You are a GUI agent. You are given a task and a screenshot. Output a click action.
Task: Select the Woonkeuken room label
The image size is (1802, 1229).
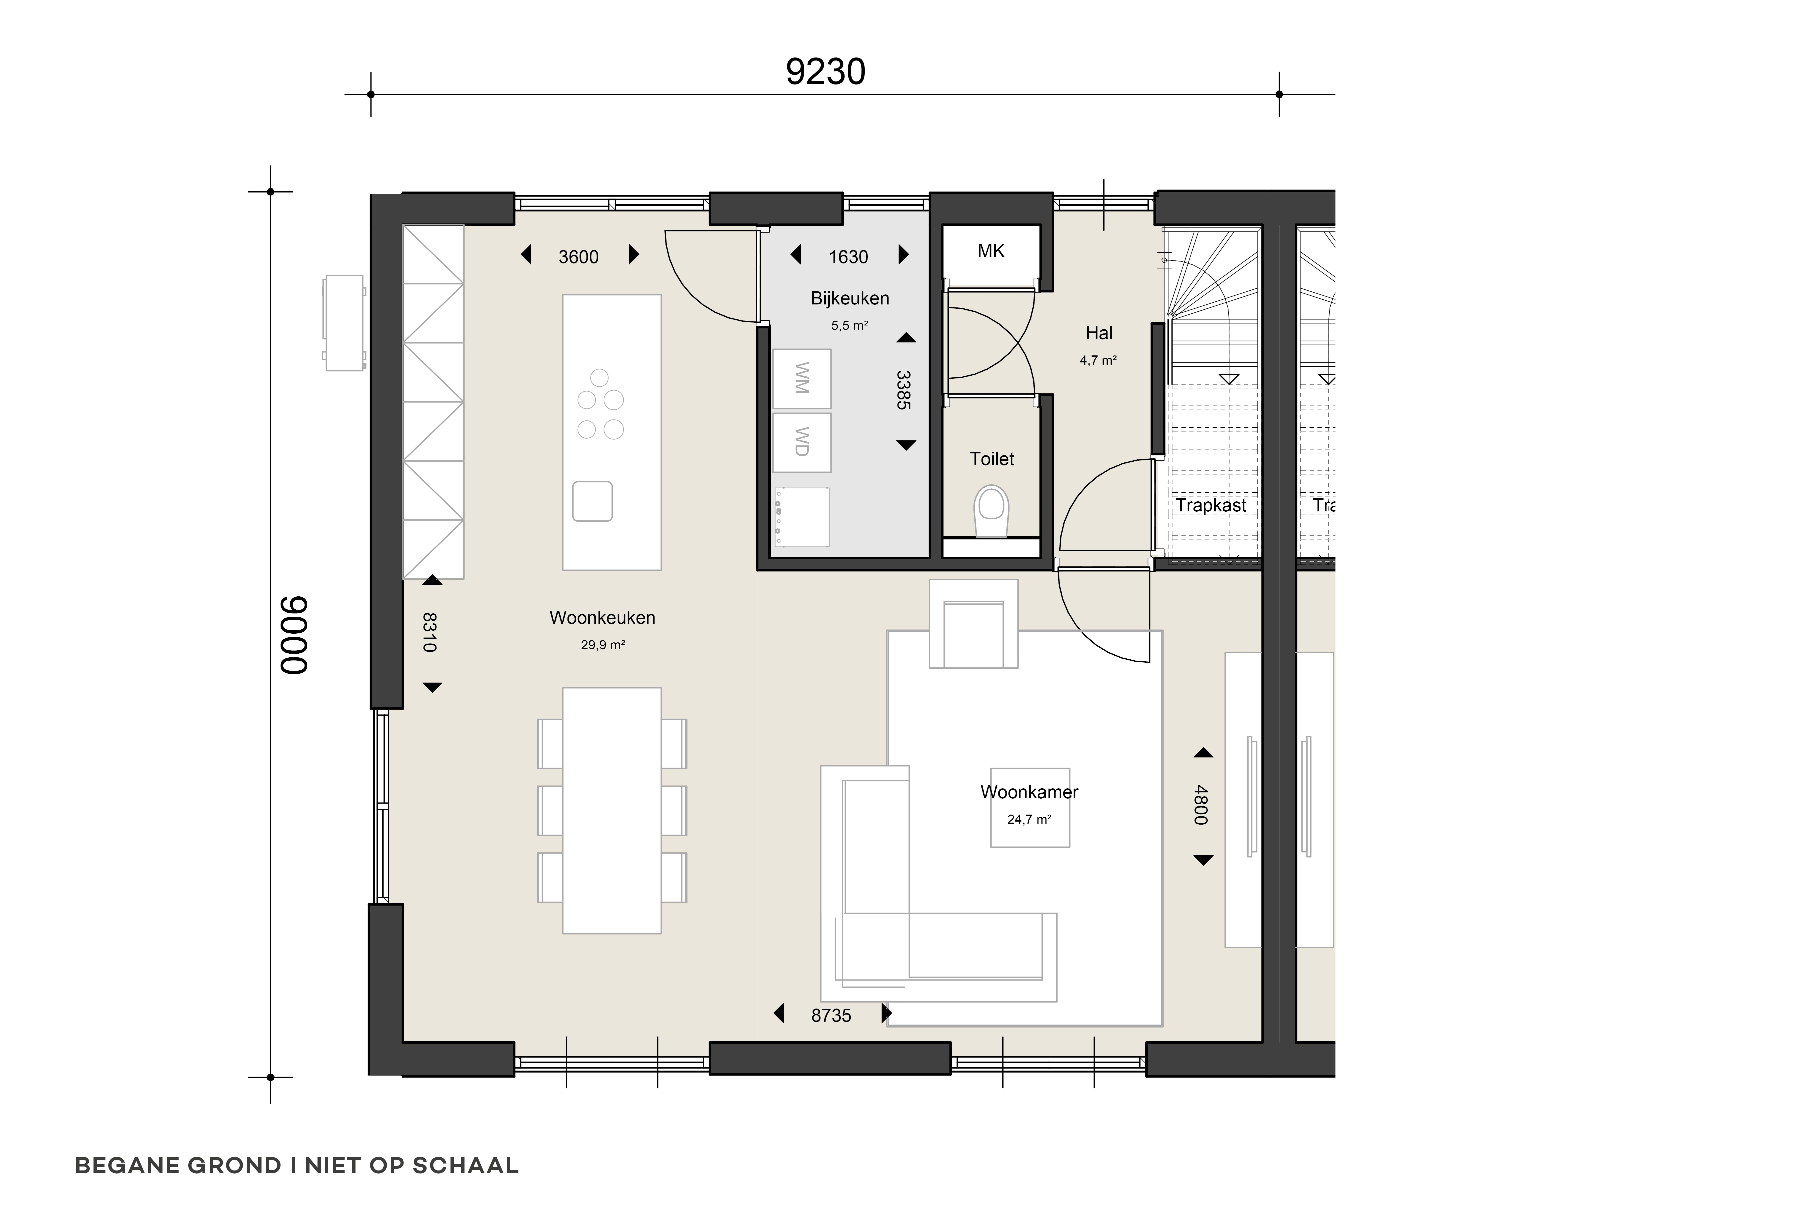coord(602,618)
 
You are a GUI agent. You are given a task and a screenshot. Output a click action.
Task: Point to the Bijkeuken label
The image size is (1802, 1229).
coord(850,298)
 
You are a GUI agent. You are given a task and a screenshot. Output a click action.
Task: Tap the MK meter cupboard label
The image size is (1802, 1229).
coord(991,251)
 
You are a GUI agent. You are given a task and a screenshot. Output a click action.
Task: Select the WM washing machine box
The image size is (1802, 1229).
coord(802,378)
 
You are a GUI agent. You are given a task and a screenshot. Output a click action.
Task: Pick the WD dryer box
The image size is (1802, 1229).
coord(802,442)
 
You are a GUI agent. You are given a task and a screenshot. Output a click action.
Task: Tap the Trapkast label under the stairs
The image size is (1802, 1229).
coord(1210,506)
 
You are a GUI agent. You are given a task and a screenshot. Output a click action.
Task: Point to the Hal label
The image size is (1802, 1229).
coord(1099,333)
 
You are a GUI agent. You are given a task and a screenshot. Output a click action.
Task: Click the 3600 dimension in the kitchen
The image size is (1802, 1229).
coord(578,257)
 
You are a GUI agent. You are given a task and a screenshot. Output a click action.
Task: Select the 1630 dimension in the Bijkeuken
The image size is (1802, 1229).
coord(848,257)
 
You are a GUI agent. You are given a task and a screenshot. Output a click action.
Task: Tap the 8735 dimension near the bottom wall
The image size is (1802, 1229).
coord(831,1016)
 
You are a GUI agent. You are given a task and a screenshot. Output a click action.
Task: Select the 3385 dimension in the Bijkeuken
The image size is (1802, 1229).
coord(902,390)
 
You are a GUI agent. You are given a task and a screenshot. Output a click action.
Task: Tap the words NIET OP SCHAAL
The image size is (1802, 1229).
coord(412,1166)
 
